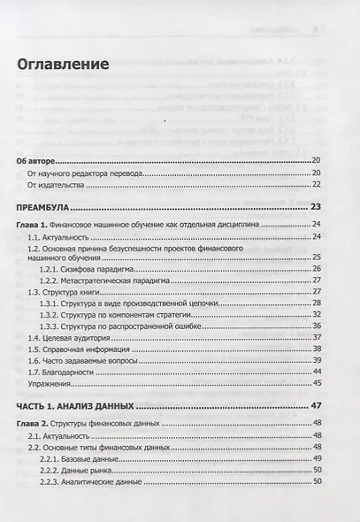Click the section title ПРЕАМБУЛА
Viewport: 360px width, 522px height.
click(x=44, y=208)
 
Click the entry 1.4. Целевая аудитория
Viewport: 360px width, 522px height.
click(x=71, y=338)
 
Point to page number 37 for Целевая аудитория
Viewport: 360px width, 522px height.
click(x=316, y=338)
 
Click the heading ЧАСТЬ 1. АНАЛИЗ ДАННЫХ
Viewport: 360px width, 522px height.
click(x=76, y=405)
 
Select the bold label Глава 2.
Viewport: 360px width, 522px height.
click(x=33, y=424)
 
